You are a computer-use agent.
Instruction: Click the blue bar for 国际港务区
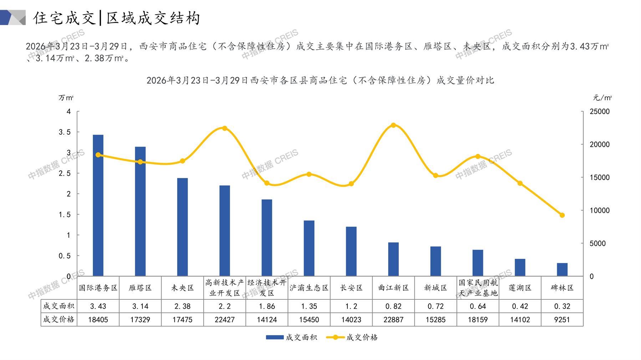[98, 205]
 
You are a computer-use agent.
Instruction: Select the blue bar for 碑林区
[562, 269]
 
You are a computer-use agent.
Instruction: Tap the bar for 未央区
[182, 227]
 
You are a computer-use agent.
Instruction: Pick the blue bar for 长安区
[351, 251]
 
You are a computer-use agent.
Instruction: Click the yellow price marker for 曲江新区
[393, 125]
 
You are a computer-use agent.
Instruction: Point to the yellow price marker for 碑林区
[562, 215]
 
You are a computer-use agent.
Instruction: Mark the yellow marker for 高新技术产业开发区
[225, 128]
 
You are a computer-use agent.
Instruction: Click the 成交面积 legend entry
[291, 337]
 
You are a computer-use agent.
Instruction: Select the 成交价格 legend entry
[352, 337]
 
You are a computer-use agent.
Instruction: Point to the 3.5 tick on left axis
[65, 132]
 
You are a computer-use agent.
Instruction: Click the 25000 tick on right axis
[600, 112]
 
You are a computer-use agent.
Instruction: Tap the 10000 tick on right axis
[600, 211]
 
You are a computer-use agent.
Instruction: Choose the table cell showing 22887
[393, 320]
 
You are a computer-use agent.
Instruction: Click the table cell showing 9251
[562, 320]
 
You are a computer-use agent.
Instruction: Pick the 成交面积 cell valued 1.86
[267, 306]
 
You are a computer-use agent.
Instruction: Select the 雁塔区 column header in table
[140, 288]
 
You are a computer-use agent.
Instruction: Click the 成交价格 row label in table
[59, 319]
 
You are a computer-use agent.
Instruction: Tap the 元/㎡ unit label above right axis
[602, 98]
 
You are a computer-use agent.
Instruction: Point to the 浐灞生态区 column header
[309, 288]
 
